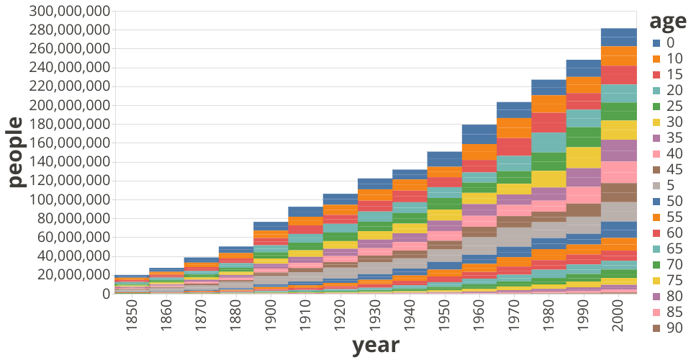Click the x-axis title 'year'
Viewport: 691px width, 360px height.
point(375,345)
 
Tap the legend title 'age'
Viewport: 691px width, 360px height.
point(667,21)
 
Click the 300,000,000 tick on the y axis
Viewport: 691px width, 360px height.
point(69,12)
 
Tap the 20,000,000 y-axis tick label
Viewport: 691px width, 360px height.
point(69,275)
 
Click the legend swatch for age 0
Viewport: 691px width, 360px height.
point(656,43)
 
